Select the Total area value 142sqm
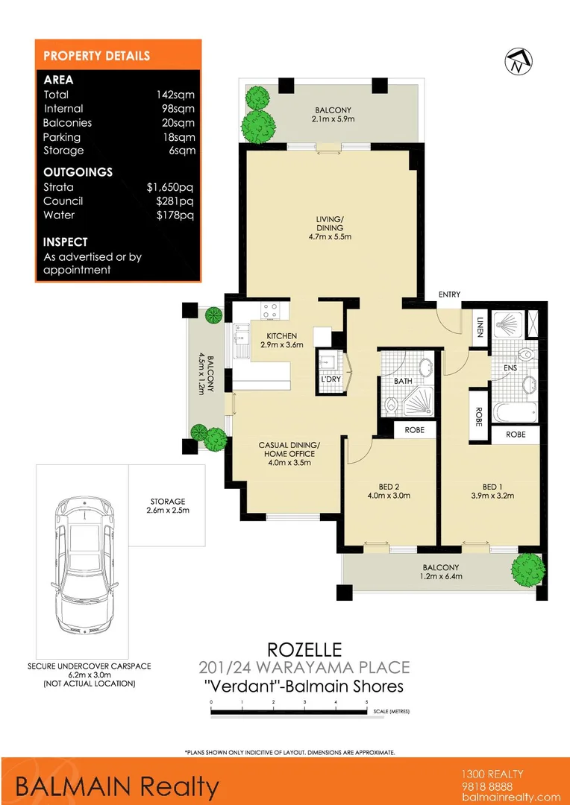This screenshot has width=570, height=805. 175,95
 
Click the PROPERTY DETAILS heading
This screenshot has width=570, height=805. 97,56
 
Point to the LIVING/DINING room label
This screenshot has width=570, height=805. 329,227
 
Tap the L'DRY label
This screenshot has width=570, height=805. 330,379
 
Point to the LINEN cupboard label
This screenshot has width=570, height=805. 479,326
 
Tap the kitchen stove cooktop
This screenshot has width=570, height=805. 269,309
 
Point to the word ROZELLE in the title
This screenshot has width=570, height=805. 303,651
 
